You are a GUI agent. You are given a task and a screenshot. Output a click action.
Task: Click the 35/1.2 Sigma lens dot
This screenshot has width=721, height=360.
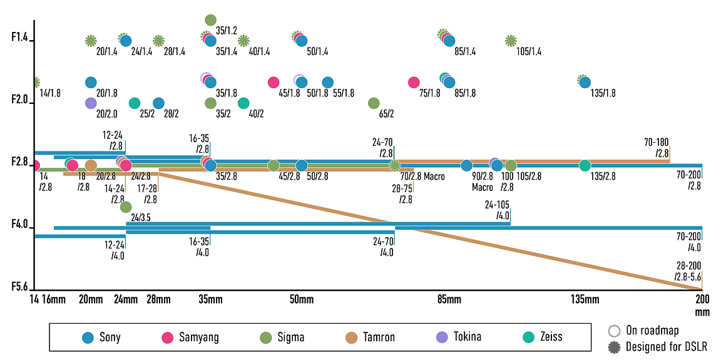(210, 20)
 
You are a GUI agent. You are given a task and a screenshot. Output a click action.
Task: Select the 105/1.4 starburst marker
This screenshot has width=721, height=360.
(511, 41)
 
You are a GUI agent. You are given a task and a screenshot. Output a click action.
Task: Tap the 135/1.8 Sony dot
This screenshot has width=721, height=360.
(585, 82)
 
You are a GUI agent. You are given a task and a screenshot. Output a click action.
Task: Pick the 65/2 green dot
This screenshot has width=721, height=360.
(374, 103)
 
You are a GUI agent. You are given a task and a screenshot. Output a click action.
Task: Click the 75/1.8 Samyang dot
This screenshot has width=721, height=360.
(414, 82)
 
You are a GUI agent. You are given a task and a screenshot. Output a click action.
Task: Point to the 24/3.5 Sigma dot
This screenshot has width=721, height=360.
(126, 207)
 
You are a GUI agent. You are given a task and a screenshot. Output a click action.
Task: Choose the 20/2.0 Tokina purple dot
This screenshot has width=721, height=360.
(91, 103)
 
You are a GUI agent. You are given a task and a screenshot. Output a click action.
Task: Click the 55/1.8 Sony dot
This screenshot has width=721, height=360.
(327, 82)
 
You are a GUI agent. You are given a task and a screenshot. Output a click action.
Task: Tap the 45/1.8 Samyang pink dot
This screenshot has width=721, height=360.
(274, 82)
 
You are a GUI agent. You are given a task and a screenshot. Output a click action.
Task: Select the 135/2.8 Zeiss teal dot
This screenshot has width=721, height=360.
(585, 165)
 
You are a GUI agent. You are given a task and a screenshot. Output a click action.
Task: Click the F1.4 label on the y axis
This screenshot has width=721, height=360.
(20, 38)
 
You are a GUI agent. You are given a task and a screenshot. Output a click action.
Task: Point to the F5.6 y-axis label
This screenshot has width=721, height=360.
(20, 287)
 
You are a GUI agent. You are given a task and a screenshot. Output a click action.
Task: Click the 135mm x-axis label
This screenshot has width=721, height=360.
(585, 300)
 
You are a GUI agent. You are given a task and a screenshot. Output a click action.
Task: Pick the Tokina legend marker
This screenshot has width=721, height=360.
(442, 337)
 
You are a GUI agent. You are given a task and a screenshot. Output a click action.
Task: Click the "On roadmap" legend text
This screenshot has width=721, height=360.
(652, 331)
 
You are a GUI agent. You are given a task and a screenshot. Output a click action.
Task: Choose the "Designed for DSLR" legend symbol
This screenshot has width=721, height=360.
(615, 346)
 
